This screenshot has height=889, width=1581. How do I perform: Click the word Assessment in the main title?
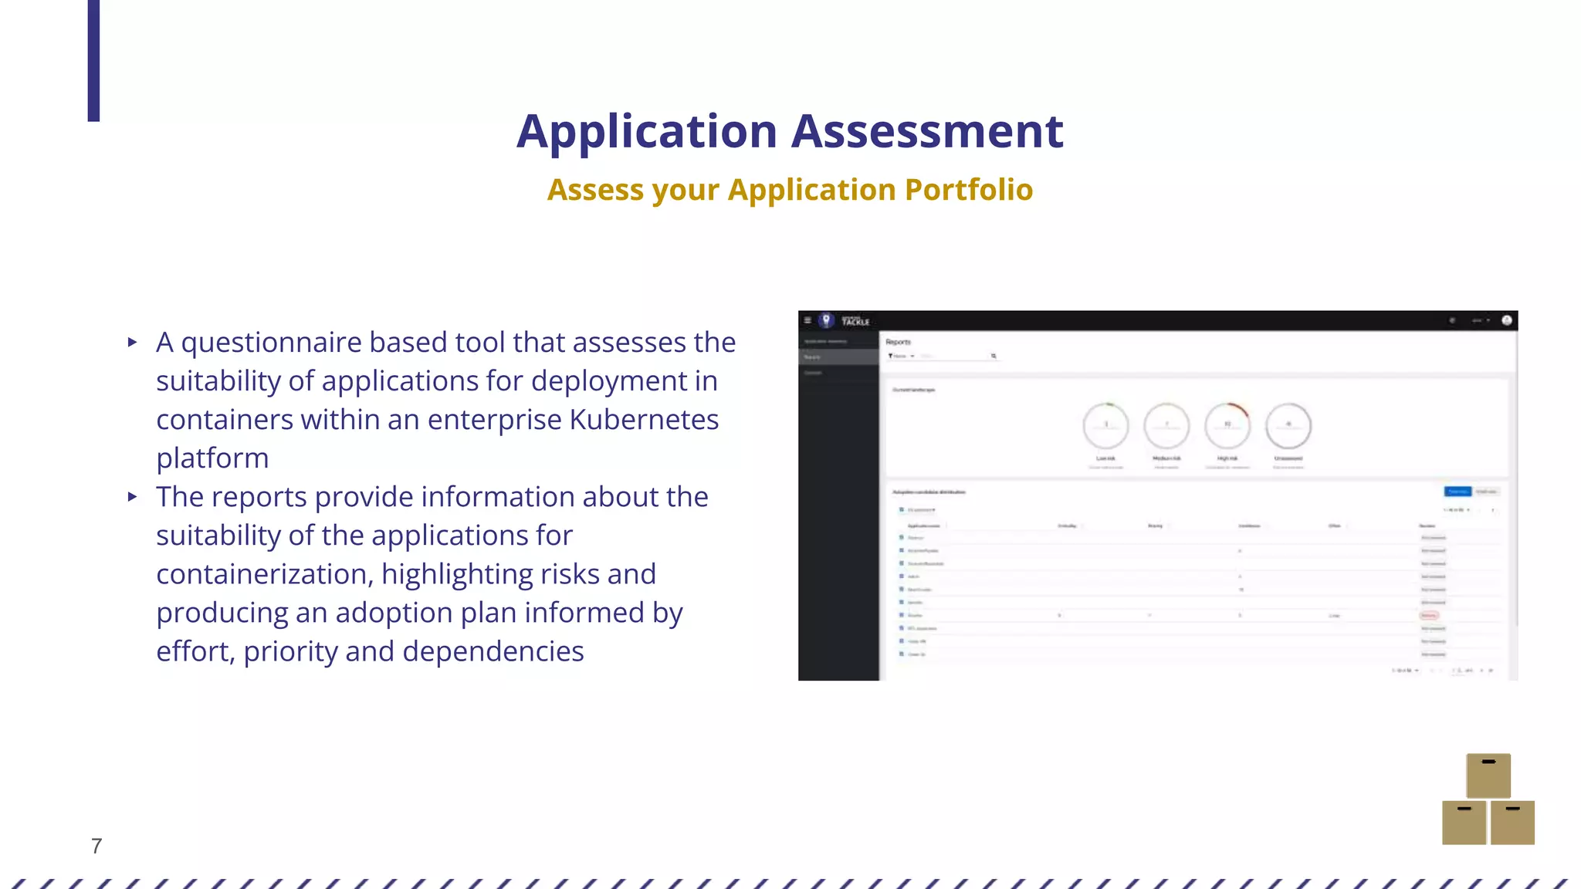click(x=927, y=131)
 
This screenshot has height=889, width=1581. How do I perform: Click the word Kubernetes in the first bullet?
click(x=644, y=420)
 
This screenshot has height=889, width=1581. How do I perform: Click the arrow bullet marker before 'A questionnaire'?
click(x=133, y=342)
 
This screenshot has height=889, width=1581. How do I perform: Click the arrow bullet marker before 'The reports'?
click(x=133, y=497)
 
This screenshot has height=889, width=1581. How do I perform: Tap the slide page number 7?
click(x=96, y=846)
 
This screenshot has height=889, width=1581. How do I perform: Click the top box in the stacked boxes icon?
click(x=1488, y=775)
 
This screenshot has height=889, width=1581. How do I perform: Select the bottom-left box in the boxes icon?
click(x=1464, y=823)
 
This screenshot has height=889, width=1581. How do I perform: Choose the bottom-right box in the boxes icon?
click(x=1512, y=823)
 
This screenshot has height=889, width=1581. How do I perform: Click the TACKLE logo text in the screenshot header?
click(x=855, y=321)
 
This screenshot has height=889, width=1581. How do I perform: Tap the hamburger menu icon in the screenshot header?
click(x=807, y=320)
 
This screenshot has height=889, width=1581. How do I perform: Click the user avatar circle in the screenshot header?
click(x=1506, y=320)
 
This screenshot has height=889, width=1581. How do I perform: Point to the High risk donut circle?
click(x=1227, y=425)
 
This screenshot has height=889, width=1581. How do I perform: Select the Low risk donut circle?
click(x=1105, y=425)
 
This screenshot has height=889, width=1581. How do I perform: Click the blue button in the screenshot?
click(x=1457, y=492)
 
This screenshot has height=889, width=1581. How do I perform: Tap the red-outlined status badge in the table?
click(x=1429, y=615)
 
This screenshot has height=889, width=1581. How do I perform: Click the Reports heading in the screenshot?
click(x=898, y=342)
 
